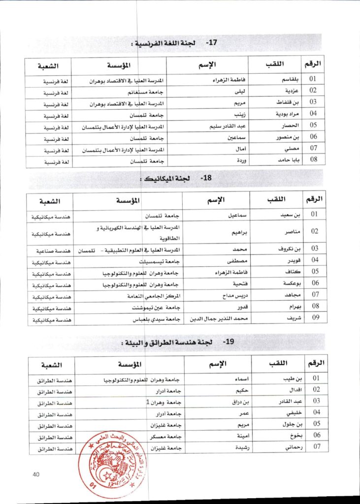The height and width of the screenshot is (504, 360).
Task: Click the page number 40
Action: point(35,474)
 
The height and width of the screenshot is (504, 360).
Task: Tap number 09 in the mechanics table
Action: point(315,318)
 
